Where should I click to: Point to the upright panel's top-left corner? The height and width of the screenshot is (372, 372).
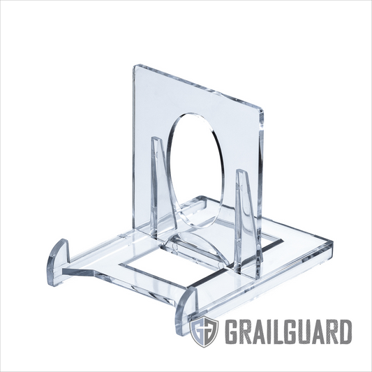point(135,67)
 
